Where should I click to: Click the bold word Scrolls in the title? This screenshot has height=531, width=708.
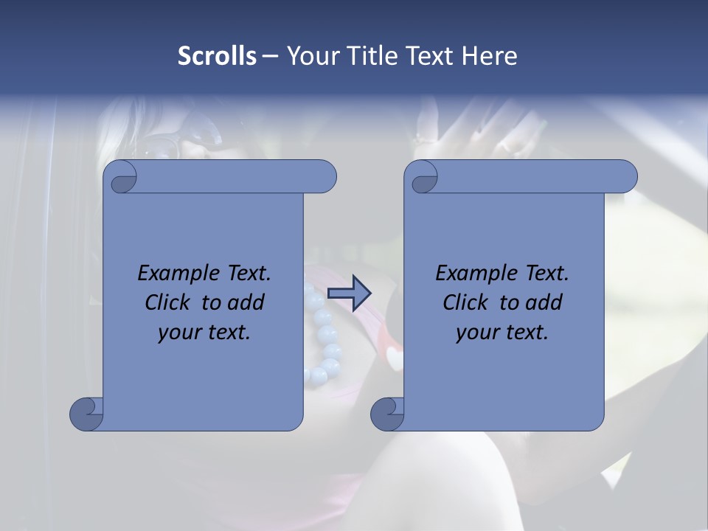(217, 56)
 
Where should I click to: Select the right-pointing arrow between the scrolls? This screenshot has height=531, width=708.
(349, 294)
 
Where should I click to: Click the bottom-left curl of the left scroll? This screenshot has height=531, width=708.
(86, 413)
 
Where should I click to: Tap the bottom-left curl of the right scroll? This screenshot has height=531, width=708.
(387, 413)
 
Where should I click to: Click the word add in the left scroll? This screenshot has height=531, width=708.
(246, 302)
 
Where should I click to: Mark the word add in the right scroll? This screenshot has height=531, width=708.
(544, 302)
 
